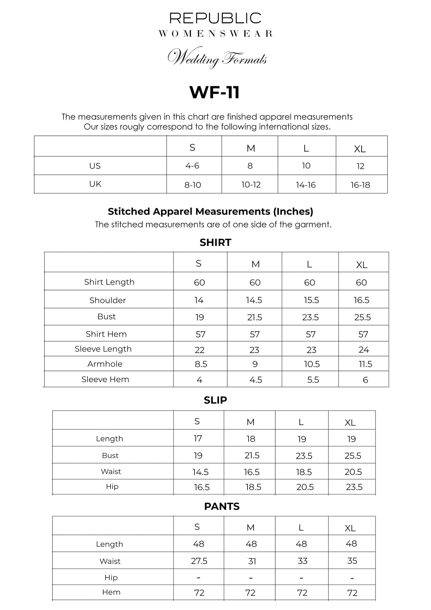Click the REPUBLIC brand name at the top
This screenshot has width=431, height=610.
(x=215, y=18)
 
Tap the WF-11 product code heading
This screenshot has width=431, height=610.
(x=215, y=93)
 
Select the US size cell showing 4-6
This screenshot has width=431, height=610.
(x=192, y=166)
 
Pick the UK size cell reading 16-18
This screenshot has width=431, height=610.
(x=360, y=185)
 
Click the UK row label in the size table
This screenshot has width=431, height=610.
(x=95, y=184)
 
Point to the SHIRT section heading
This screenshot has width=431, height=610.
(x=215, y=242)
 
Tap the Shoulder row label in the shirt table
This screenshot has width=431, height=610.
(x=108, y=300)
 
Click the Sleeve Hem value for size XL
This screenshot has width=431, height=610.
(x=365, y=380)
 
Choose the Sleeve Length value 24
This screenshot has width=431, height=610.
(x=364, y=349)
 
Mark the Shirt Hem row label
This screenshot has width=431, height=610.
(x=106, y=334)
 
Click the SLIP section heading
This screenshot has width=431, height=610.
(x=215, y=400)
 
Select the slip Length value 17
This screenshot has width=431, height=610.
(x=198, y=438)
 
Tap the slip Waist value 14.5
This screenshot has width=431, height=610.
(x=200, y=472)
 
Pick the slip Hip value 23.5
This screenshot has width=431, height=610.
(x=354, y=487)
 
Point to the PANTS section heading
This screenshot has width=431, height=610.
(x=222, y=506)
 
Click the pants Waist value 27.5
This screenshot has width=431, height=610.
(x=199, y=561)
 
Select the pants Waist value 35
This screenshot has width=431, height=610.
(x=352, y=561)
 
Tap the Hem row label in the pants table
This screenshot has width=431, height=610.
(x=111, y=592)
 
